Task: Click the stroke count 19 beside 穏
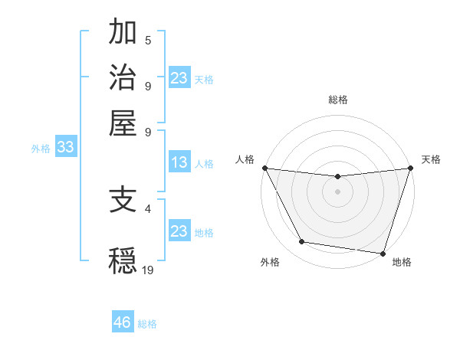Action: coord(149,270)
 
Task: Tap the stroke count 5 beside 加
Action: coord(148,41)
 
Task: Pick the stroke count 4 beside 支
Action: coord(148,208)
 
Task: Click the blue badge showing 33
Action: coord(65,148)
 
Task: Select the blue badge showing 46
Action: coord(123,322)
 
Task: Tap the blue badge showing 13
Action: coord(179,162)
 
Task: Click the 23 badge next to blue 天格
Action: coord(179,78)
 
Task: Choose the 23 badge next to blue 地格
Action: coord(179,231)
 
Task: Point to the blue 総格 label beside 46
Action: coord(147,324)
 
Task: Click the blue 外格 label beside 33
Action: coord(41,149)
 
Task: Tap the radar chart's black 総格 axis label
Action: coord(337,100)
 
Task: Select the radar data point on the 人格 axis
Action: coord(264,168)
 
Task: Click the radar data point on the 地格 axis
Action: coord(383,253)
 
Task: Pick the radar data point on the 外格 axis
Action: coord(302,242)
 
